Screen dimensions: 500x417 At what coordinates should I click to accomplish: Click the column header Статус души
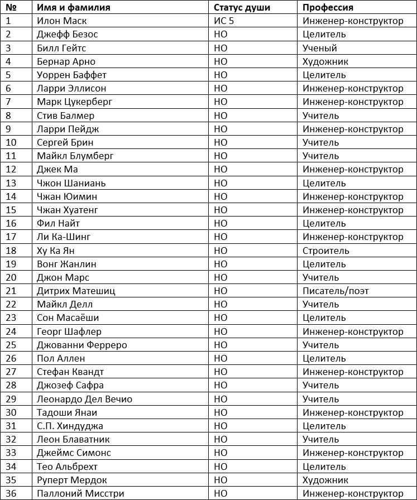tap(242, 7)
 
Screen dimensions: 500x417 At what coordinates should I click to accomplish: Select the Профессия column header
tap(328, 7)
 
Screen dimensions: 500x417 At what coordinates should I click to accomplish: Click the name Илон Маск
tap(61, 21)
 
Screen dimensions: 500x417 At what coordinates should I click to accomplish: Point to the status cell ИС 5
tap(224, 21)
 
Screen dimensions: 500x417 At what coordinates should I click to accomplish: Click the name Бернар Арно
tap(66, 61)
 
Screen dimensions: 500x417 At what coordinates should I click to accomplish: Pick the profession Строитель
tap(326, 251)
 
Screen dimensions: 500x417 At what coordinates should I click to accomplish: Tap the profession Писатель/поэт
tap(335, 291)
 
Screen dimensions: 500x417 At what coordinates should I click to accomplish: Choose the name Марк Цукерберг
tap(75, 102)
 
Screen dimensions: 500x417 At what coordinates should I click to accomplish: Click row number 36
tap(11, 493)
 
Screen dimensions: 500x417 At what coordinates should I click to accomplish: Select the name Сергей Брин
tap(63, 142)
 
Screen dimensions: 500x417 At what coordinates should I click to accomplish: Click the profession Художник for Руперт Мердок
tap(325, 480)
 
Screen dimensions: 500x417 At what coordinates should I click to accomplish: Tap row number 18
tap(11, 251)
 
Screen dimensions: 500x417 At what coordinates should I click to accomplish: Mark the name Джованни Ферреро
tap(82, 345)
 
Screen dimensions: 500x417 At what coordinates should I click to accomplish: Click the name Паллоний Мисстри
tap(80, 493)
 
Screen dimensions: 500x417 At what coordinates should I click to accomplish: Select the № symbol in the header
tap(11, 7)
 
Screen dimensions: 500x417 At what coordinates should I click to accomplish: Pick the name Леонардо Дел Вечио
tap(84, 399)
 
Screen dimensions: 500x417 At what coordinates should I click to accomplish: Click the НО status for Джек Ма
tap(221, 169)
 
